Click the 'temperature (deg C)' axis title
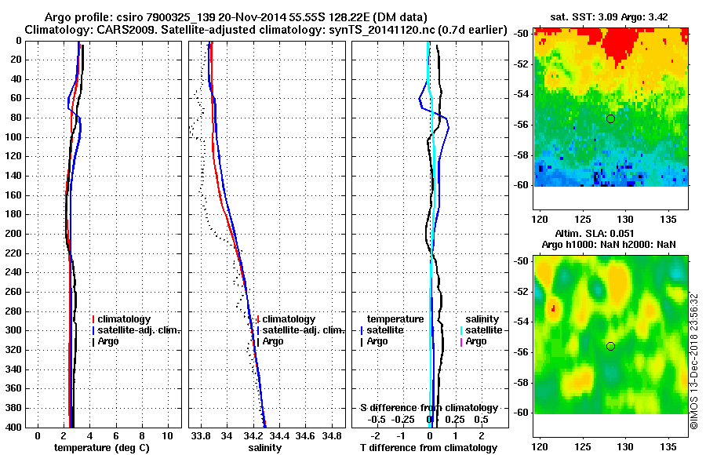pos(101,447)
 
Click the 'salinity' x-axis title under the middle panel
pos(264,447)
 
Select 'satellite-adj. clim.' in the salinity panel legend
pos(304,330)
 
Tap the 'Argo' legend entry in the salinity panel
pos(273,341)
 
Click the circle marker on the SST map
pos(610,118)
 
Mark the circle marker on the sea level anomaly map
pos(610,346)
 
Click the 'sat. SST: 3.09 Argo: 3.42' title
pos(610,16)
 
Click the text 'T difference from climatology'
pos(428,447)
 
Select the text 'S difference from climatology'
pos(428,408)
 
